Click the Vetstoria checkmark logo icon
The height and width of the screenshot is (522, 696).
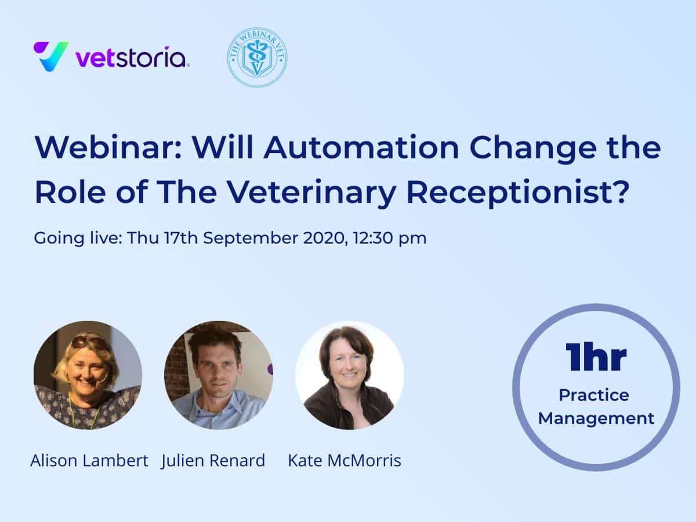tap(51, 56)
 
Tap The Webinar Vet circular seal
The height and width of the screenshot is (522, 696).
tap(257, 57)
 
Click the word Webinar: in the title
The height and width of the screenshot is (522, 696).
tap(108, 147)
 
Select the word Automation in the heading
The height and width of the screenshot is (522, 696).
tap(361, 147)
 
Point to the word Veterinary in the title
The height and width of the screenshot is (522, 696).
tap(311, 193)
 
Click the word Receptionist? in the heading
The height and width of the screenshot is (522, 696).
tap(518, 193)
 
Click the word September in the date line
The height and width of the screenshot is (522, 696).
tap(251, 238)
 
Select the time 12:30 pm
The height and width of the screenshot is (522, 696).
tap(390, 238)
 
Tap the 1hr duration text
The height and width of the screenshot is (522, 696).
tap(596, 357)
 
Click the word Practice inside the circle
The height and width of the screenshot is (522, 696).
tap(594, 395)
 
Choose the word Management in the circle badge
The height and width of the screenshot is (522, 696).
tap(596, 419)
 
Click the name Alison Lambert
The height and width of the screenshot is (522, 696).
tap(89, 461)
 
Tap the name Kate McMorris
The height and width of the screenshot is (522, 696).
tap(345, 461)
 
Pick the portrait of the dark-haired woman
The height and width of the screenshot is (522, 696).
tap(349, 375)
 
